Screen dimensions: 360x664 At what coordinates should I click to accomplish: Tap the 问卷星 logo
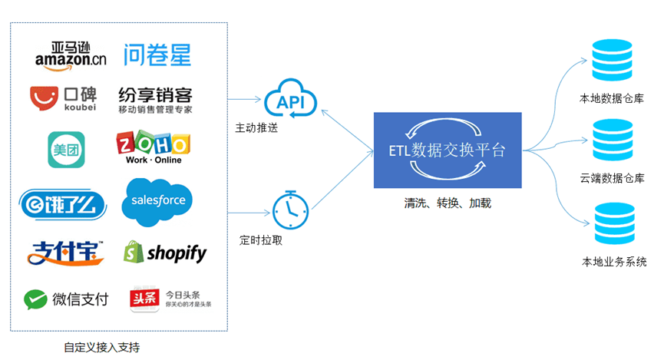pyautogui.click(x=157, y=54)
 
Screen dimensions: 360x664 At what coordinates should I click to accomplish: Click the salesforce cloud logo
pyautogui.click(x=157, y=201)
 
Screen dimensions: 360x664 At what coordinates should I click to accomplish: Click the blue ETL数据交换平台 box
pyautogui.click(x=448, y=150)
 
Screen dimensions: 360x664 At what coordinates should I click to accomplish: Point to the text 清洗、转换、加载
pyautogui.click(x=448, y=203)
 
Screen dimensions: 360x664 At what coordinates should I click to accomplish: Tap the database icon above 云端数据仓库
pyautogui.click(x=612, y=143)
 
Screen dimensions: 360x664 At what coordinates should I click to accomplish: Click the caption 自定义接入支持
pyautogui.click(x=103, y=347)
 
